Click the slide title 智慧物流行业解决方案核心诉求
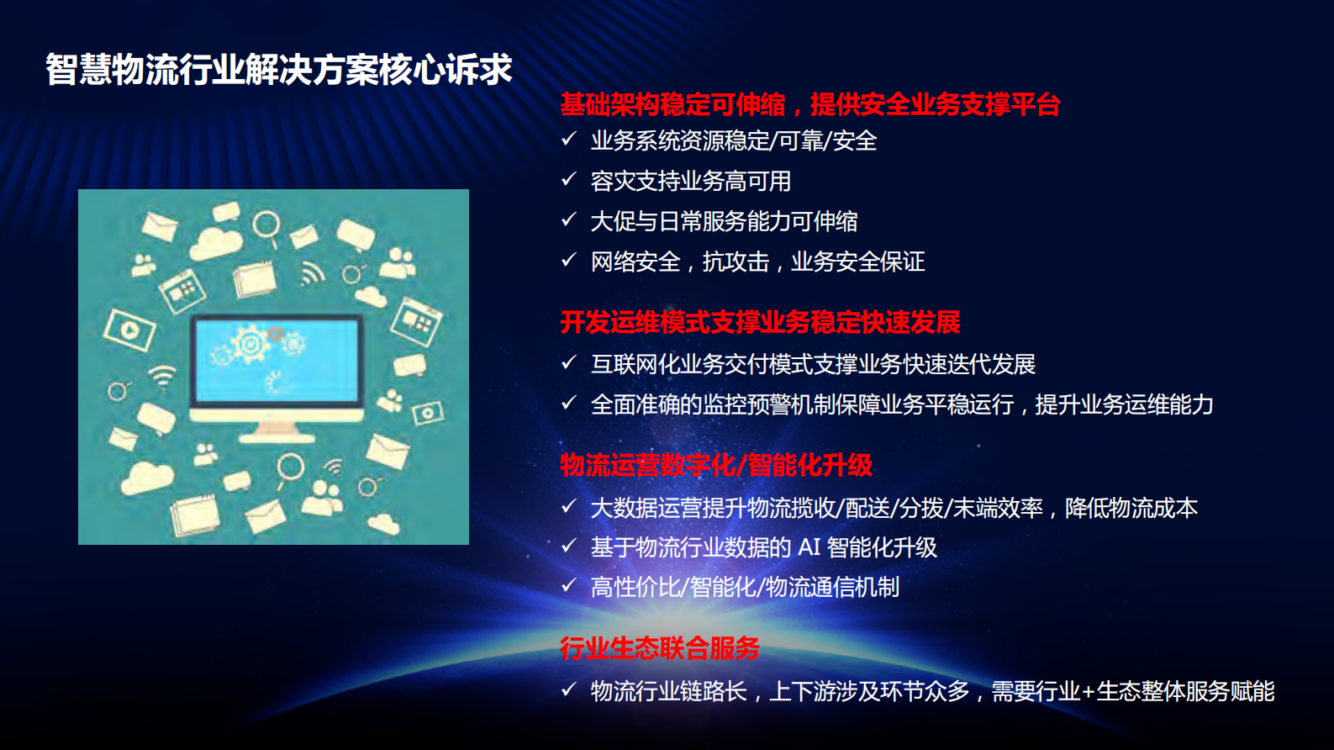pyautogui.click(x=278, y=70)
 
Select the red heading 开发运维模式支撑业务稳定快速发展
pyautogui.click(x=760, y=322)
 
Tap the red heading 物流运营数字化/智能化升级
pyautogui.click(x=716, y=465)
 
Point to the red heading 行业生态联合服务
pyautogui.click(x=660, y=648)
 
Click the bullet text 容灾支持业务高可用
pyautogui.click(x=690, y=181)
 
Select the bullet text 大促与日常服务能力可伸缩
pyautogui.click(x=724, y=221)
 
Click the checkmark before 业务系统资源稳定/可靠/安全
pyautogui.click(x=569, y=139)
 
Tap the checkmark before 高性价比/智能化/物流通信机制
pyautogui.click(x=569, y=585)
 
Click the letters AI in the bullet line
pyautogui.click(x=809, y=547)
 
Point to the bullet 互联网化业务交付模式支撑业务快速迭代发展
pyautogui.click(x=813, y=364)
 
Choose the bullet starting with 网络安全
pyautogui.click(x=757, y=261)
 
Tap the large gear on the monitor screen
pyautogui.click(x=250, y=343)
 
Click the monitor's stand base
pyautogui.click(x=277, y=436)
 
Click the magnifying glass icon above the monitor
pyautogui.click(x=266, y=225)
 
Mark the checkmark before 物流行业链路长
pyautogui.click(x=569, y=689)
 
